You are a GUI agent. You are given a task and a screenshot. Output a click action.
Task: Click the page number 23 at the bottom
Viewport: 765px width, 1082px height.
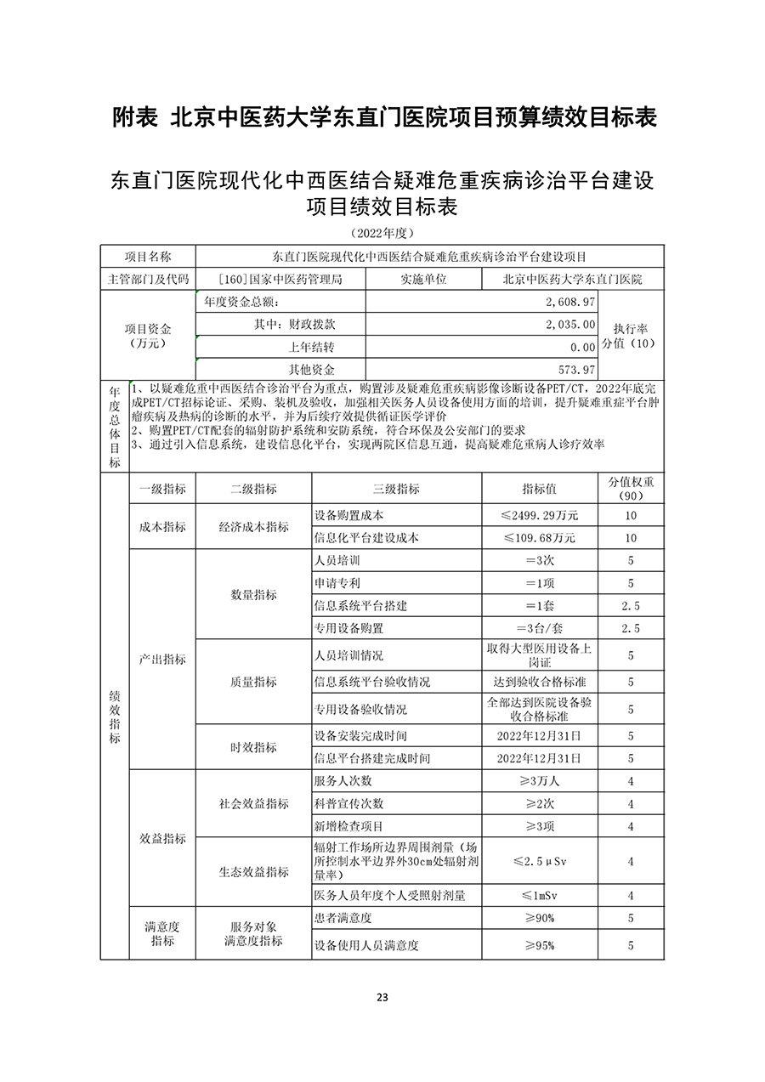(382, 997)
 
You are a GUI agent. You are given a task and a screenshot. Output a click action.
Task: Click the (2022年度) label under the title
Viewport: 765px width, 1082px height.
(382, 232)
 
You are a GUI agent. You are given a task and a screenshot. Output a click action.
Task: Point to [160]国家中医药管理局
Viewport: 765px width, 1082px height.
(280, 279)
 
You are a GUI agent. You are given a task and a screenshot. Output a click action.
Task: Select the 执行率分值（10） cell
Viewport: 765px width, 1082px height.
(630, 335)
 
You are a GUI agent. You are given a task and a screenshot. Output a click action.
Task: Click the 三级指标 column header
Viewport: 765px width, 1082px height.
(396, 489)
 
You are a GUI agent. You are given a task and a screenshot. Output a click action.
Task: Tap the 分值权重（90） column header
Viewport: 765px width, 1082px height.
(631, 489)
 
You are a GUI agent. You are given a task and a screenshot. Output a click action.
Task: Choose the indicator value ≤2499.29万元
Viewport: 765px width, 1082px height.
(540, 516)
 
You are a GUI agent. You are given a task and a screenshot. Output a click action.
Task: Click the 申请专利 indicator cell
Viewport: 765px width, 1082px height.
(337, 583)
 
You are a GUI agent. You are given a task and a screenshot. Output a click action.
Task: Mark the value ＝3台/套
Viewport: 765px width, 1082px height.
(540, 628)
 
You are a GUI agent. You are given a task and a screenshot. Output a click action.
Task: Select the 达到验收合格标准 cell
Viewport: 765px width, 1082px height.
(540, 682)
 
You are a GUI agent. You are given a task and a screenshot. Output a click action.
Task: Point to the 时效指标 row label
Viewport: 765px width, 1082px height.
(253, 747)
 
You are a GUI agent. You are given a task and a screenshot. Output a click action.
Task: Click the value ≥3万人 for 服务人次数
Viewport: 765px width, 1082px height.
(540, 781)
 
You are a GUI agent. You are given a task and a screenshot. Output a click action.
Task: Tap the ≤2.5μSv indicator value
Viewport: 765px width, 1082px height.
(540, 861)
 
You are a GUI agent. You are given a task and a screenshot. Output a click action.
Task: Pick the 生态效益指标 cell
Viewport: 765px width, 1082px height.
(253, 872)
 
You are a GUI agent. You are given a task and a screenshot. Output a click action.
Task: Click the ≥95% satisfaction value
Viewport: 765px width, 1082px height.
(540, 945)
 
